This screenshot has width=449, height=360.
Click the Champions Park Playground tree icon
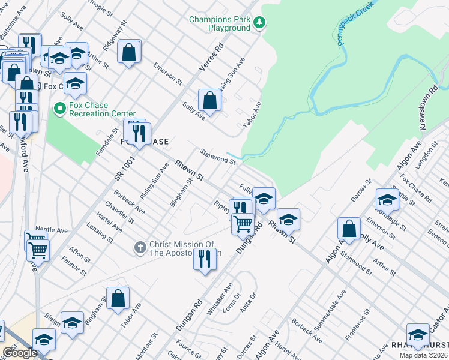click(259, 23)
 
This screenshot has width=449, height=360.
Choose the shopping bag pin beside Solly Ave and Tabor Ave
click(209, 101)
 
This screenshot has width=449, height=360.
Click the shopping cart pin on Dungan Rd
click(243, 224)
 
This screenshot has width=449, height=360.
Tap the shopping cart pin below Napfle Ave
click(38, 249)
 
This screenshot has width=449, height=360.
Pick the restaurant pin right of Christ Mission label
click(205, 258)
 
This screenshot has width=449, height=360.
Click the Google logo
click(20, 352)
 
